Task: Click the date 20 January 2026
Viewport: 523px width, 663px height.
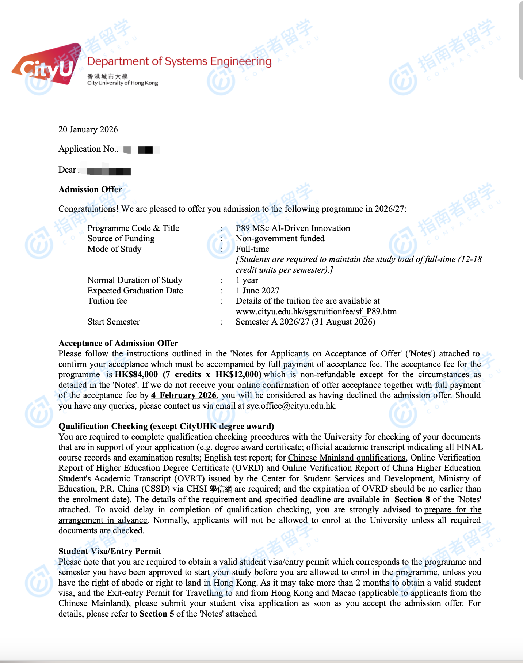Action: tap(88, 129)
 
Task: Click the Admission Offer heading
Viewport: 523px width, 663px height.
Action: tap(90, 189)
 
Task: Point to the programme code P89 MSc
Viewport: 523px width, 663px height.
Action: tap(252, 228)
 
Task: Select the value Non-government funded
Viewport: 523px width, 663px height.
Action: tap(280, 238)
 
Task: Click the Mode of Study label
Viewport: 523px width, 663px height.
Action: tap(114, 249)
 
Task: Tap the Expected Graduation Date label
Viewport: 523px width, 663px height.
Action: tap(135, 291)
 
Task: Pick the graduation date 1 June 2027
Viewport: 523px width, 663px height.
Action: tap(257, 291)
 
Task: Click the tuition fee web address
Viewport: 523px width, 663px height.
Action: tap(316, 311)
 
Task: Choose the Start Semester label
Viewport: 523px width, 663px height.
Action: tap(114, 322)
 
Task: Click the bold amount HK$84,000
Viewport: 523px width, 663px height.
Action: tap(136, 374)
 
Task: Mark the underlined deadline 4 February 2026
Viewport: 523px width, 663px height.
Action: tap(184, 395)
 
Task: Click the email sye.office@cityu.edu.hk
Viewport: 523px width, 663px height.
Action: tap(291, 406)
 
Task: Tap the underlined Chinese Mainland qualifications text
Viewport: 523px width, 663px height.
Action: tap(347, 458)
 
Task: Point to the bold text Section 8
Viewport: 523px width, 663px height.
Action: tap(412, 499)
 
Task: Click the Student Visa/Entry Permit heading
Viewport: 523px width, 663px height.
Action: tap(110, 551)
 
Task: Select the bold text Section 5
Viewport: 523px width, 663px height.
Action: tap(157, 614)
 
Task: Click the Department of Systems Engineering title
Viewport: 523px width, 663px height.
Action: tap(179, 61)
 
